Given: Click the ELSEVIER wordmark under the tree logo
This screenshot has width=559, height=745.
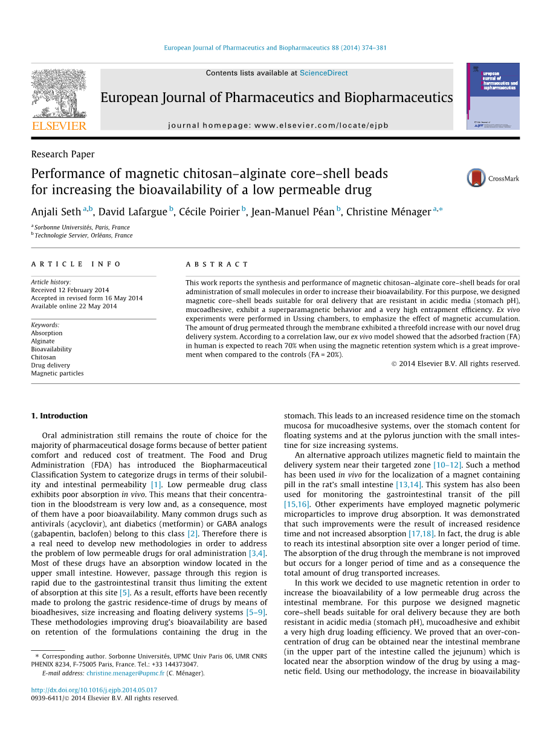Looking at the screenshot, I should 59,126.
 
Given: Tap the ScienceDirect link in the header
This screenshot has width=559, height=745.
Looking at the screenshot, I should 323,73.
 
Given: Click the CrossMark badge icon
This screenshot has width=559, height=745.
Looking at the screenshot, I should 476,178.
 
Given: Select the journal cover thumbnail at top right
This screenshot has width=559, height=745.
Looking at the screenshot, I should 493,96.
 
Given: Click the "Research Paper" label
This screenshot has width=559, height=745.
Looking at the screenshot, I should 63,154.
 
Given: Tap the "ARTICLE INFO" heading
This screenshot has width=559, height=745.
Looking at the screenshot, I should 76,264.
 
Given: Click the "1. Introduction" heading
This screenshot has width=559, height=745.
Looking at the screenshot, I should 59,415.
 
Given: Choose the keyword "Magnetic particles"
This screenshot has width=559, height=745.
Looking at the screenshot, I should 57,373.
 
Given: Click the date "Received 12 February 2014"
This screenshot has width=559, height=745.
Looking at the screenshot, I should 70,290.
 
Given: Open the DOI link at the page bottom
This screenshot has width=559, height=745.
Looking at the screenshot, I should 94,690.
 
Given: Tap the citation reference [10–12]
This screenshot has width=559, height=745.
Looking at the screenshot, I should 447,465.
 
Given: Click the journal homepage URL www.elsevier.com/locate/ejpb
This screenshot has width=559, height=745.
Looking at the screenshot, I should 321,126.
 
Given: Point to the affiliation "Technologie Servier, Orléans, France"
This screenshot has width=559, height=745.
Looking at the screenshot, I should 83,235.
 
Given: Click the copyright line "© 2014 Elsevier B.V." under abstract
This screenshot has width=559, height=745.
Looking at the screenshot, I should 455,363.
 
